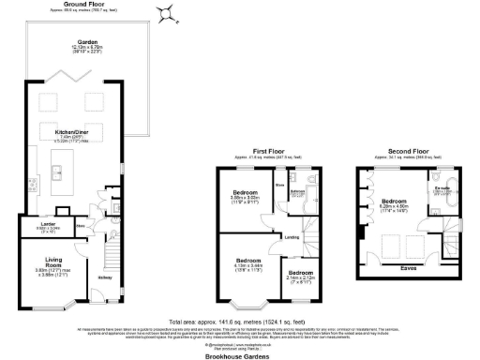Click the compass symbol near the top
(x=167, y=12)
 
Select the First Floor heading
(x=268, y=151)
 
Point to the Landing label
(x=292, y=237)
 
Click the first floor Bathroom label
(x=299, y=191)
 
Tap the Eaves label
(x=408, y=268)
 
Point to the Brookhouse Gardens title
(x=239, y=356)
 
